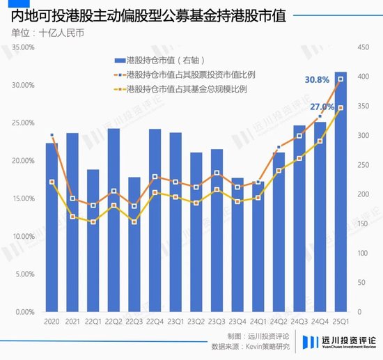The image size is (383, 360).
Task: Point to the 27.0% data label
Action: [323, 107]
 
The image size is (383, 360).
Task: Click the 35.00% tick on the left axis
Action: [24, 47]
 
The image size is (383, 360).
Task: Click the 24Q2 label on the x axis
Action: [279, 322]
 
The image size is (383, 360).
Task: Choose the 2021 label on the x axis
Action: [72, 322]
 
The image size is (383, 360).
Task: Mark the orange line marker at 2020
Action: [52, 135]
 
